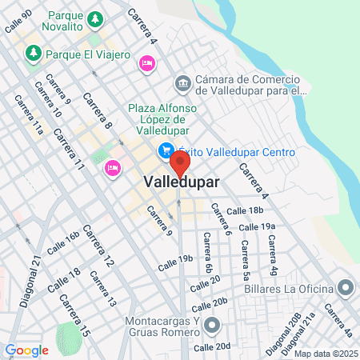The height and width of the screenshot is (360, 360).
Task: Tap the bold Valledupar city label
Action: coord(182,182)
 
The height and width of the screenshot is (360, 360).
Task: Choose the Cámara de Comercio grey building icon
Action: coord(182,83)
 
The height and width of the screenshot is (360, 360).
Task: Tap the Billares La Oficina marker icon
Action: coord(346,286)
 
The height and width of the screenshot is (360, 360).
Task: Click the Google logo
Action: coord(26,350)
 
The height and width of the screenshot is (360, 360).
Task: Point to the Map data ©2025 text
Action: coord(326,354)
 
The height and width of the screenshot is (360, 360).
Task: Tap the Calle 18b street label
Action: coord(245,210)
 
